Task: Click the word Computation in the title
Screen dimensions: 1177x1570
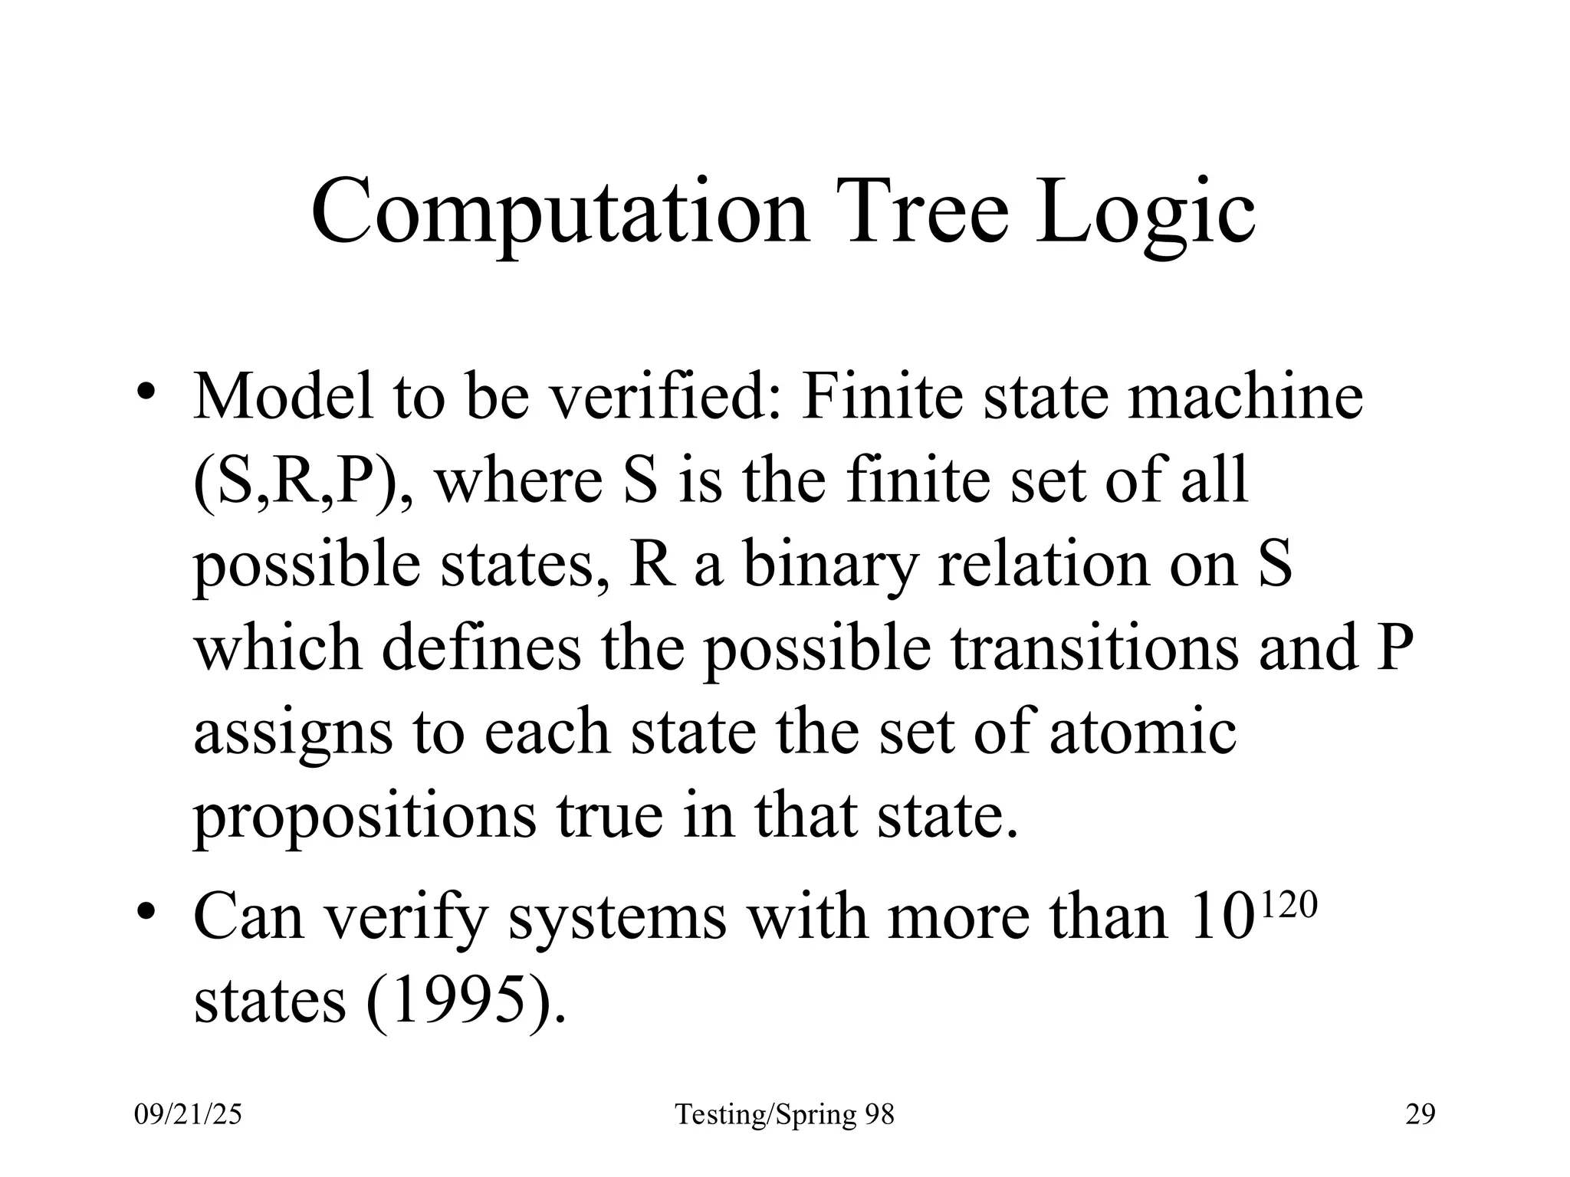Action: [x=560, y=211]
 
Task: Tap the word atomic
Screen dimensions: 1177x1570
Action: [x=1141, y=732]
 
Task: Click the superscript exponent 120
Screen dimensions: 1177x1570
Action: [x=1288, y=906]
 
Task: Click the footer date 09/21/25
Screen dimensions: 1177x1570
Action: [x=188, y=1113]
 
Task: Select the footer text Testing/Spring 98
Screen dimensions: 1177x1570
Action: [x=784, y=1114]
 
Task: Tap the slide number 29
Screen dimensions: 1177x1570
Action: [x=1420, y=1113]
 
